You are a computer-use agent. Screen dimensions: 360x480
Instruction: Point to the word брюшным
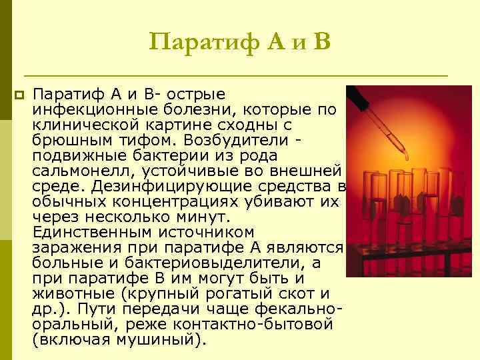pyautogui.click(x=69, y=141)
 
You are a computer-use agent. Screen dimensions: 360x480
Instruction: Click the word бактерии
pyautogui.click(x=155, y=156)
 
